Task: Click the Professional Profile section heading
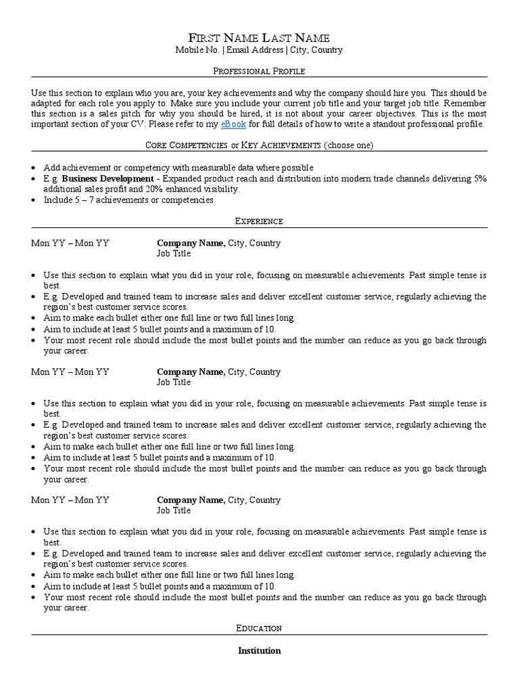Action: [x=259, y=70]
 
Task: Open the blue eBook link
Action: [x=233, y=125]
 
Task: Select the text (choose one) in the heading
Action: [x=348, y=146]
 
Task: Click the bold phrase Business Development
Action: [x=107, y=179]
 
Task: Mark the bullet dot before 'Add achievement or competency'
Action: [x=34, y=168]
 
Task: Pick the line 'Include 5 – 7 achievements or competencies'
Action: [x=128, y=200]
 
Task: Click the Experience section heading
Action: [x=259, y=221]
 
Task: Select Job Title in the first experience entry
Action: [x=174, y=254]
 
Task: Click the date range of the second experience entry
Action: [x=70, y=372]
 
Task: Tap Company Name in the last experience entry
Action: [x=191, y=500]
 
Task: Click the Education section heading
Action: [x=259, y=629]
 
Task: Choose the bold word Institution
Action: [x=259, y=651]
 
